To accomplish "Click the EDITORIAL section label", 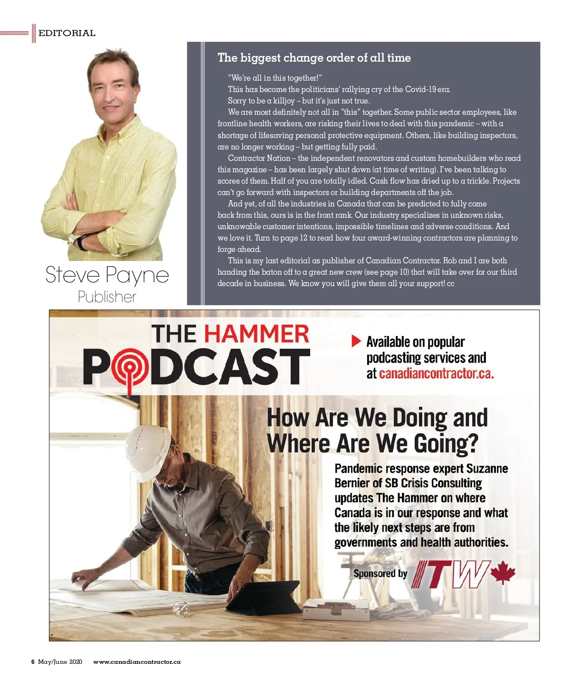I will pyautogui.click(x=66, y=33).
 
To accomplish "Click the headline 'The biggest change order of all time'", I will pyautogui.click(x=314, y=58).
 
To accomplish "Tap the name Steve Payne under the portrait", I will pyautogui.click(x=107, y=275).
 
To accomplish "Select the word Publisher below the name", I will pyautogui.click(x=107, y=297).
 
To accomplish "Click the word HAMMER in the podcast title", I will pyautogui.click(x=256, y=334).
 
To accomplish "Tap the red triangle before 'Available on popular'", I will pyautogui.click(x=356, y=341).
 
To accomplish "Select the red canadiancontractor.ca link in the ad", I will pyautogui.click(x=436, y=373).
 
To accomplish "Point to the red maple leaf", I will pyautogui.click(x=503, y=572).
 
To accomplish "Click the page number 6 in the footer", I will pyautogui.click(x=33, y=662).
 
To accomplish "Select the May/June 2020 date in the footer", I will pyautogui.click(x=60, y=662).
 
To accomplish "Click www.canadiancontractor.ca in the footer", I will pyautogui.click(x=137, y=662).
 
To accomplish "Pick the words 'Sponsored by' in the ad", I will pyautogui.click(x=380, y=573).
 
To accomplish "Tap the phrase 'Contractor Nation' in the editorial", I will pyautogui.click(x=259, y=158).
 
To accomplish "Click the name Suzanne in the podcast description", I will pyautogui.click(x=487, y=469).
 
